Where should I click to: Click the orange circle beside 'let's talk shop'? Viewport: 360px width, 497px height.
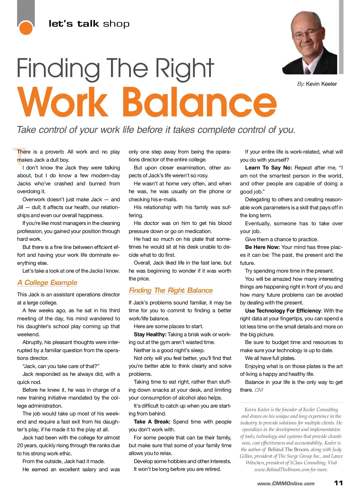pos(26,28)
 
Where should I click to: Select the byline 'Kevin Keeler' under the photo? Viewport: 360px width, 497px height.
pos(321,84)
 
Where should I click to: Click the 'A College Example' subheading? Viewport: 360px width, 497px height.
pos(47,283)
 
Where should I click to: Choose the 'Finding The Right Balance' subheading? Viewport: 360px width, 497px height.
pos(171,290)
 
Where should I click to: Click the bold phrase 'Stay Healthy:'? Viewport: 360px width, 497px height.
pos(150,334)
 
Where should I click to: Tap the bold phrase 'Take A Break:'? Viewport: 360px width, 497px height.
pos(152,422)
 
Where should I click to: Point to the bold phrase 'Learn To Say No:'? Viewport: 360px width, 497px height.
pos(268,168)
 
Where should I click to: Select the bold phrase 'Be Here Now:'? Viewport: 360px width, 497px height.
pos(262,247)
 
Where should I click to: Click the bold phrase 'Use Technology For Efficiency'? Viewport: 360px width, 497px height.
pos(283,311)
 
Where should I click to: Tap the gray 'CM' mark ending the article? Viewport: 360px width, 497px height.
pos(259,390)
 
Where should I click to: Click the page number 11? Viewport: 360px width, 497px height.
pos(338,483)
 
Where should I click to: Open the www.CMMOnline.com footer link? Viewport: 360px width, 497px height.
pos(286,484)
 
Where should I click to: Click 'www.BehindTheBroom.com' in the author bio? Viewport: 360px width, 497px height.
pos(281,470)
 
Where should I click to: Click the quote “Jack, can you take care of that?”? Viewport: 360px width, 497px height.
pos(61,366)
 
